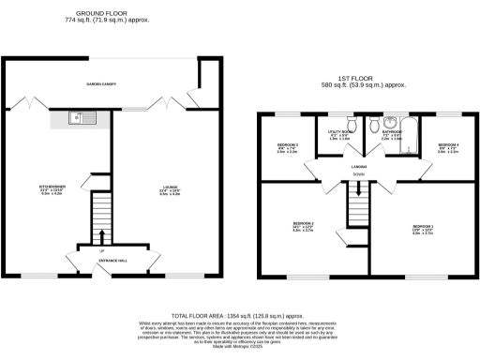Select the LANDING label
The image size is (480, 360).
[358, 165]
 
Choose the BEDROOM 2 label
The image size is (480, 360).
[303, 223]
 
